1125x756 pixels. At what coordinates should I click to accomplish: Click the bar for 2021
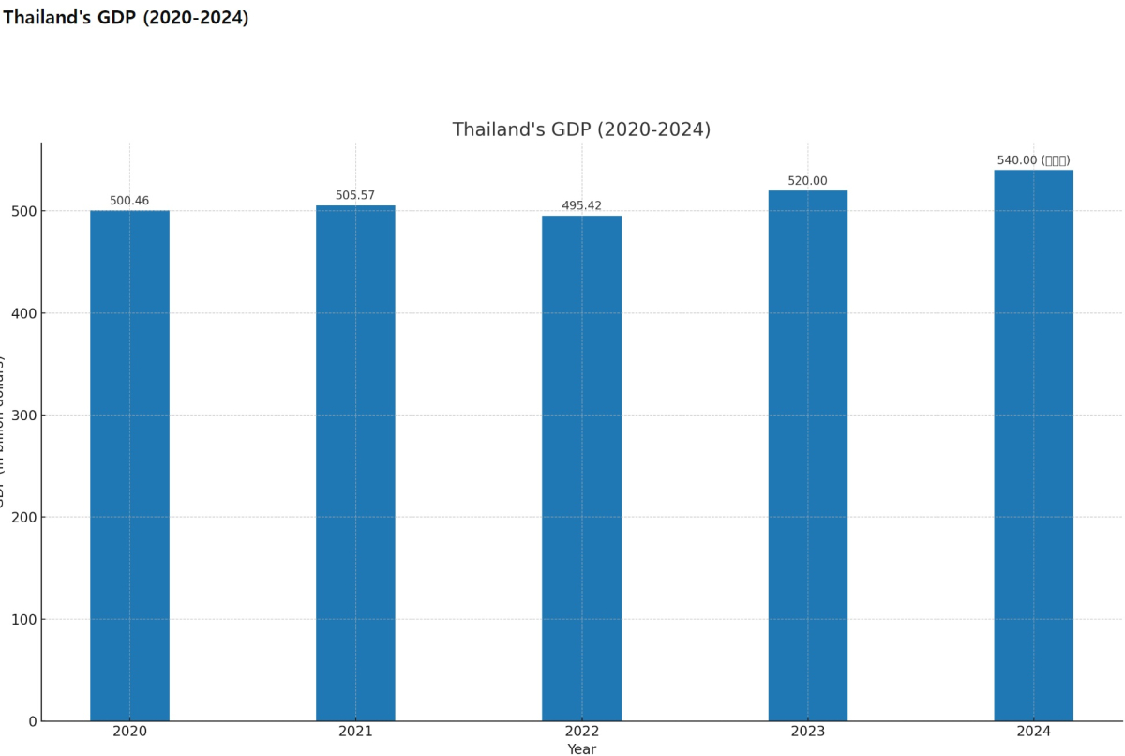(355, 463)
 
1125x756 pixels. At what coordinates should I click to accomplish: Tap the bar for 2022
(581, 468)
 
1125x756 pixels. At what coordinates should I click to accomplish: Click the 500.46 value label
(129, 201)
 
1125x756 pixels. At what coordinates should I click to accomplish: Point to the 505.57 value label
(355, 196)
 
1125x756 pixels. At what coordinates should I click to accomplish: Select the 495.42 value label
(581, 206)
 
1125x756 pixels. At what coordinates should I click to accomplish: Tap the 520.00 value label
(807, 181)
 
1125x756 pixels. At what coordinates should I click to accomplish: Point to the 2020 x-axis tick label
(129, 732)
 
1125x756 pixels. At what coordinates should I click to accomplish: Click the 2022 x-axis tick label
(581, 732)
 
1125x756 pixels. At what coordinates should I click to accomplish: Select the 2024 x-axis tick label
(1033, 732)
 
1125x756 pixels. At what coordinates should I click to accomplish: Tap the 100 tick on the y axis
(24, 619)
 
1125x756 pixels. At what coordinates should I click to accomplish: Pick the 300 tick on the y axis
(24, 415)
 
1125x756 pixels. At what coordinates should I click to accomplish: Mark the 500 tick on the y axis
(24, 211)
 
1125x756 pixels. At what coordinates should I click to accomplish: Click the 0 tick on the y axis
(33, 721)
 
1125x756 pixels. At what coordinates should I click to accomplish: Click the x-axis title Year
(581, 749)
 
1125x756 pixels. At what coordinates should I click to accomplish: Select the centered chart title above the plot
(581, 129)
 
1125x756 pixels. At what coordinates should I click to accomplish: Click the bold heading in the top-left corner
(126, 18)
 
